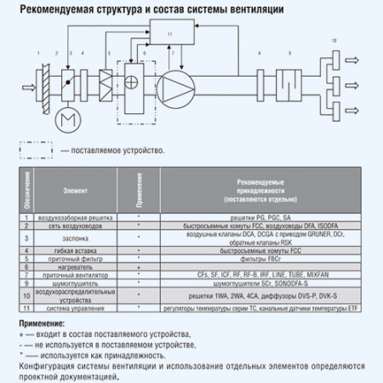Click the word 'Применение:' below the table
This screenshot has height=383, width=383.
[41, 324]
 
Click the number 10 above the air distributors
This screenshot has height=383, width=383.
[334, 41]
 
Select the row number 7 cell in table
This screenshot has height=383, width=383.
[28, 275]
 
